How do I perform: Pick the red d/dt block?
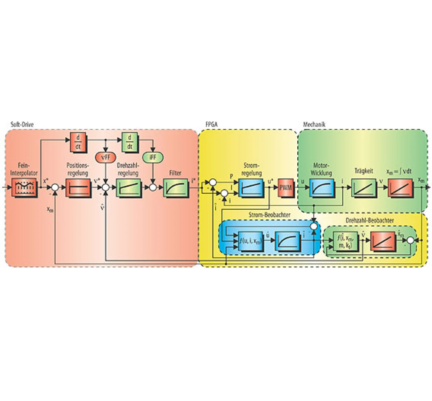point(78,142)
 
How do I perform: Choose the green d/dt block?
point(130,142)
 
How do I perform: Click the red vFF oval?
point(106,157)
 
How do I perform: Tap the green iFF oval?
point(153,157)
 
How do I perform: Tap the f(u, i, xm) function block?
point(250,241)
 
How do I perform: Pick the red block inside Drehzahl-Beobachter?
point(383,241)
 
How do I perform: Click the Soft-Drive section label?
point(22,125)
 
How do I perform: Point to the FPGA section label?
point(212,125)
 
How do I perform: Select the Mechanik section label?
point(314,125)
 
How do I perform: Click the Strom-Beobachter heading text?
point(269,215)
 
